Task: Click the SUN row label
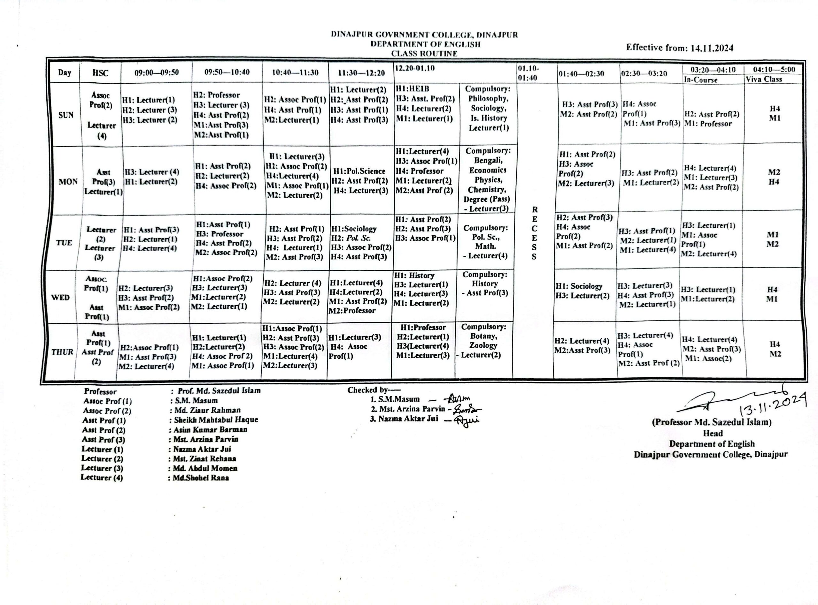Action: pos(66,115)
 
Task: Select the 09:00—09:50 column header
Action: pos(157,72)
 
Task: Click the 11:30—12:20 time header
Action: pos(361,73)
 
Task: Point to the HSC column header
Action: pos(100,73)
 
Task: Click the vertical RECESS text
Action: pos(534,233)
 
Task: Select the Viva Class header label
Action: pos(764,79)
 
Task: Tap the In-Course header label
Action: pos(700,79)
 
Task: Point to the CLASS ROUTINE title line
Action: pos(424,53)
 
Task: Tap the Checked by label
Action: pos(374,390)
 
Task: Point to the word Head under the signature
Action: pos(713,433)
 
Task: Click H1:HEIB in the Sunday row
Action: pos(412,89)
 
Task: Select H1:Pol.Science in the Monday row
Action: pos(359,171)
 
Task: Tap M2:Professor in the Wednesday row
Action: pos(352,311)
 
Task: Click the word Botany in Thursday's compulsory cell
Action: pos(483,336)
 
